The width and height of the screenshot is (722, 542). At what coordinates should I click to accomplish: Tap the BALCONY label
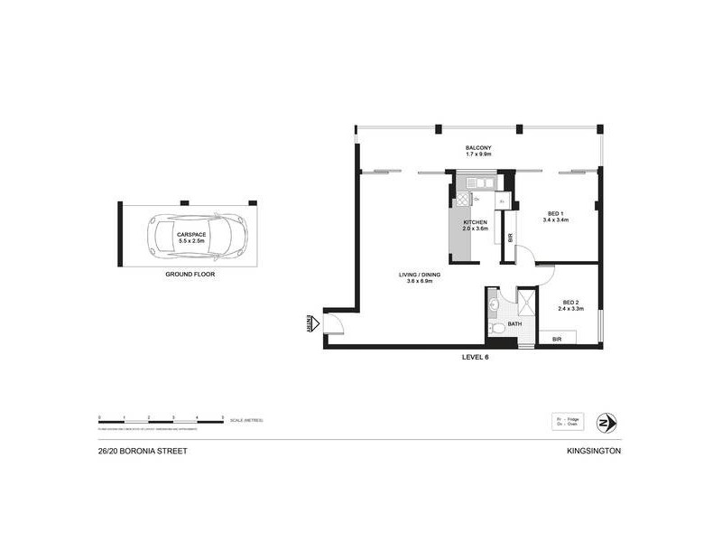coord(477,148)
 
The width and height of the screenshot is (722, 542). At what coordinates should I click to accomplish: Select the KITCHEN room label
coord(476,222)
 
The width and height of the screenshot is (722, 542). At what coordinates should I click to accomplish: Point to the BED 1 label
coord(555,216)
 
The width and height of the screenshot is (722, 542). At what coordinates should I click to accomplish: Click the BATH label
coord(514,323)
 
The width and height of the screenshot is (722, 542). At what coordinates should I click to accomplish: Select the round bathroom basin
coord(494,305)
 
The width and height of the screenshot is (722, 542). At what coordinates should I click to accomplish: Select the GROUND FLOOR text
coord(190,273)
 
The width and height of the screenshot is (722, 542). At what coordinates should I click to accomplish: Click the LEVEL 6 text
coord(475,357)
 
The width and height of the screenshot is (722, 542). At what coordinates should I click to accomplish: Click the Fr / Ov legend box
coord(569,422)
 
